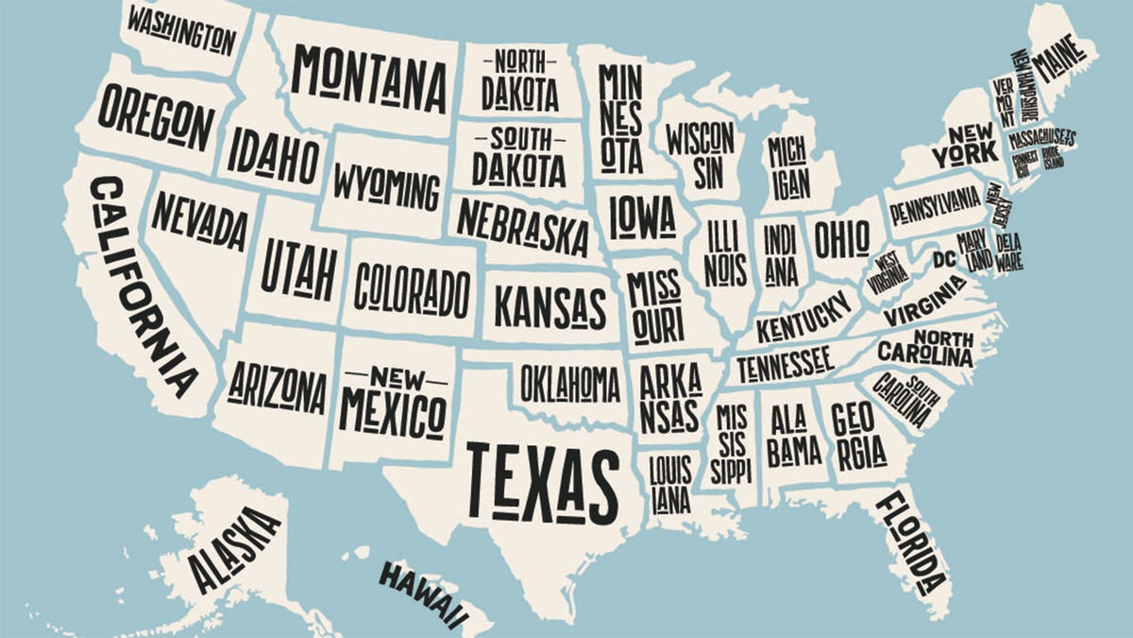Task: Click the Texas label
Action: (x=543, y=482)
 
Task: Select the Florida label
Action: (x=911, y=543)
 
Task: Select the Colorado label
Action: (x=412, y=290)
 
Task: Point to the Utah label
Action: (x=299, y=267)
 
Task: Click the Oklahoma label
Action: (x=570, y=384)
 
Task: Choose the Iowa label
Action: (x=643, y=216)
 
